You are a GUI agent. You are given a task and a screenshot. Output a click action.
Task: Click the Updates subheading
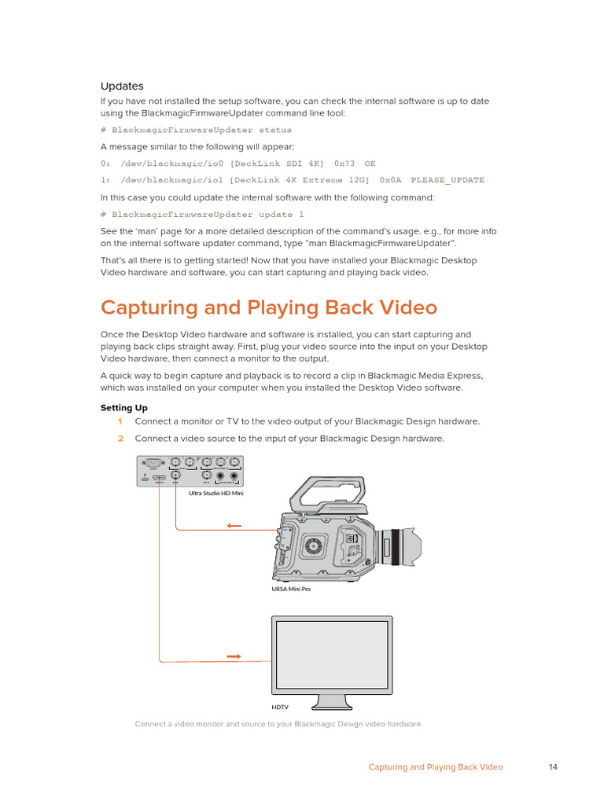click(122, 86)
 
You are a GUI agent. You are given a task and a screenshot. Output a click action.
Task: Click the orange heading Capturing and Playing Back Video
click(268, 307)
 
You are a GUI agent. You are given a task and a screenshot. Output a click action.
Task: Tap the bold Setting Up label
click(123, 408)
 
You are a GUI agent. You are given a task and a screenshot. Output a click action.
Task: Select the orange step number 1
click(120, 421)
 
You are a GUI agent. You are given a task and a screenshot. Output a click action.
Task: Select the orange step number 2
click(120, 438)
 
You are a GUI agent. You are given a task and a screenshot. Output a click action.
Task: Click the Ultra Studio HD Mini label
click(216, 494)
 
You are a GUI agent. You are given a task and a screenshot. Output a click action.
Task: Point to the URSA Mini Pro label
click(290, 589)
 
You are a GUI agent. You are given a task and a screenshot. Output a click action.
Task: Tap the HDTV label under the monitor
click(280, 708)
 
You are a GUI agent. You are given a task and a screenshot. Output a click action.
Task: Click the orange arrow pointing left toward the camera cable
click(234, 527)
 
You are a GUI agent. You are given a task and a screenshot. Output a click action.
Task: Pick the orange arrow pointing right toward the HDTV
click(234, 656)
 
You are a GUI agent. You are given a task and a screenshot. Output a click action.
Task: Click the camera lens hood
click(411, 545)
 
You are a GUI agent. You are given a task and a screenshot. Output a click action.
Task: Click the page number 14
click(553, 767)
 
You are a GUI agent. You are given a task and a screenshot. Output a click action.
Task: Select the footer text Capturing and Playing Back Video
click(436, 767)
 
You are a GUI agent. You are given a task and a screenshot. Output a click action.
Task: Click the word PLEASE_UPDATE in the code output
click(447, 180)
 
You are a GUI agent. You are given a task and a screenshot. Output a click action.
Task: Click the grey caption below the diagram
click(278, 724)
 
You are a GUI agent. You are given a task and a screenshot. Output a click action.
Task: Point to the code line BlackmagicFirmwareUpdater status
click(196, 130)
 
